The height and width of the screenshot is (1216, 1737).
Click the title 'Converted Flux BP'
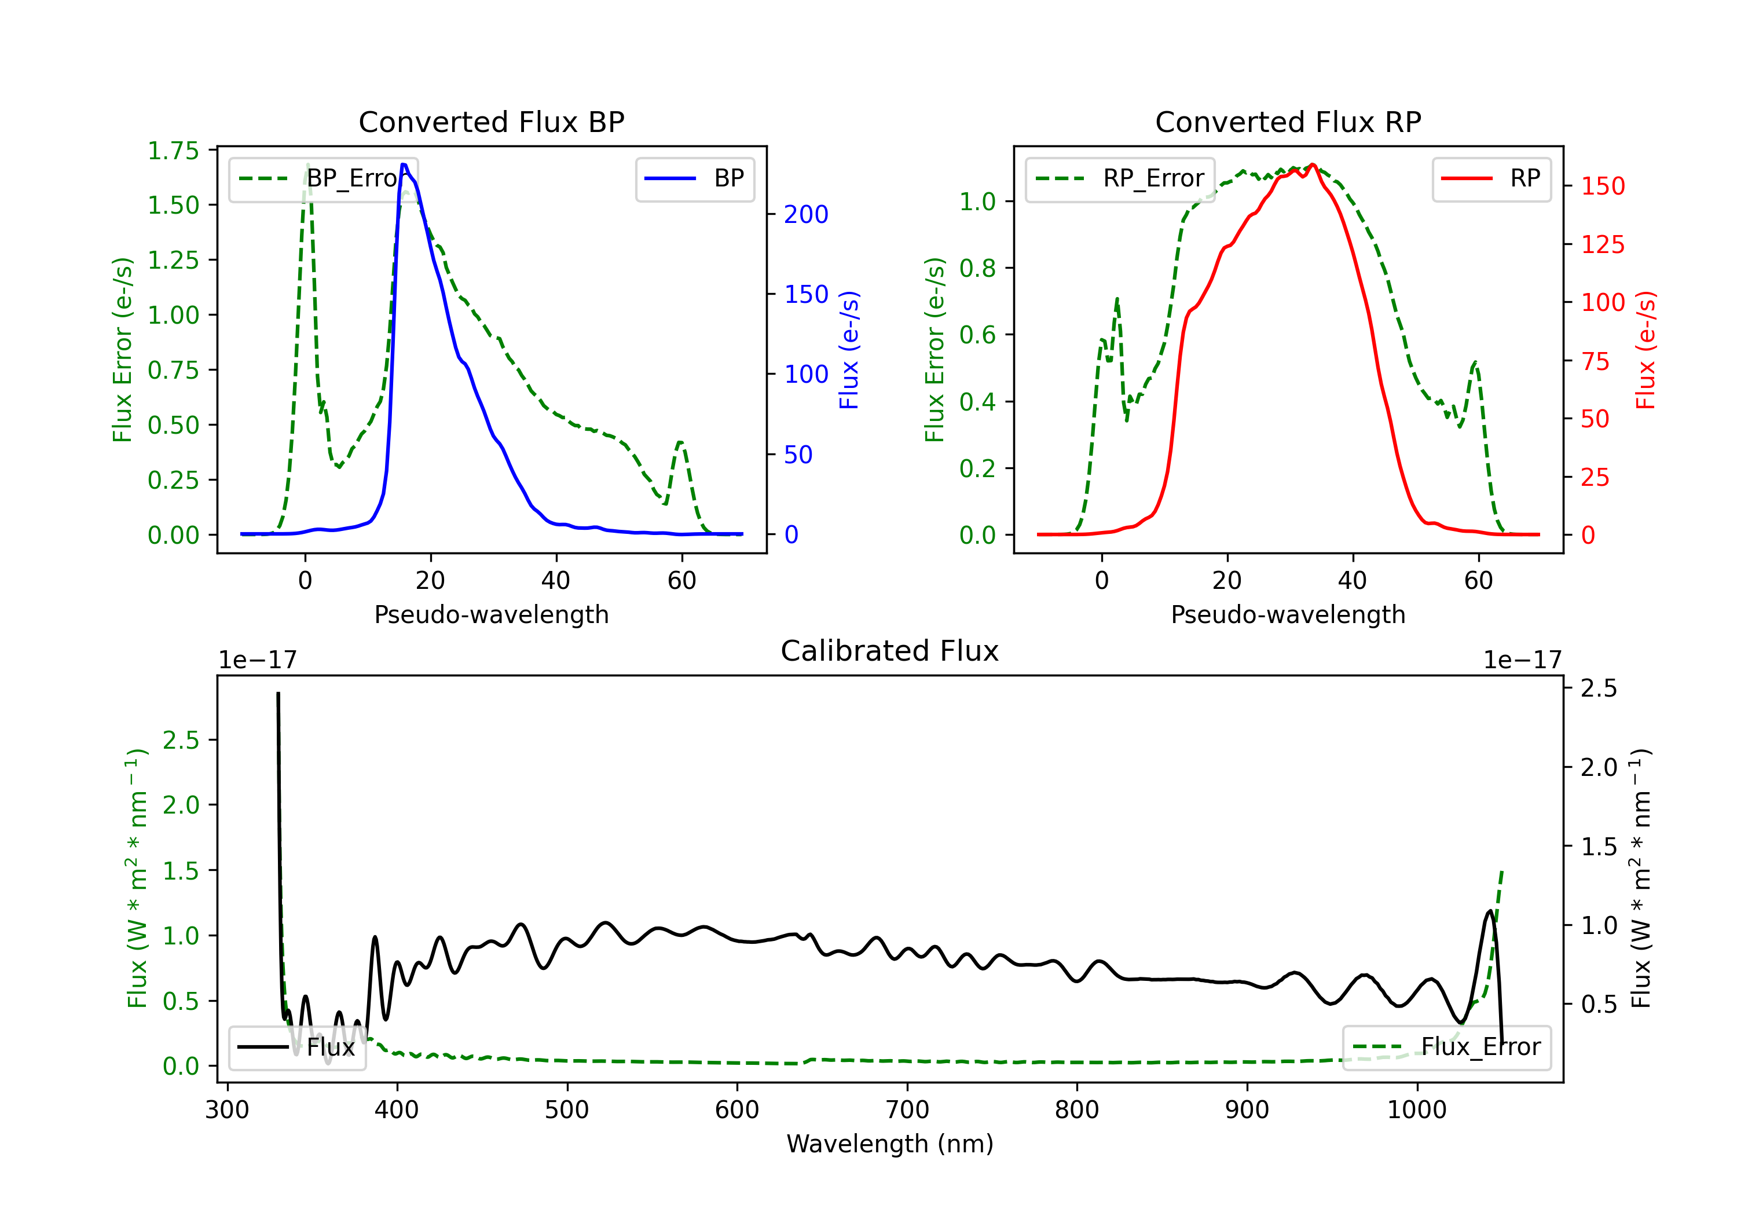[x=491, y=122]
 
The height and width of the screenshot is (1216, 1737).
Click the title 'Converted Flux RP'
[x=1288, y=122]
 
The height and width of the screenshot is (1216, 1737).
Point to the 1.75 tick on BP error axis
[x=173, y=151]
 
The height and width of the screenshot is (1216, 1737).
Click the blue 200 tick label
[x=806, y=215]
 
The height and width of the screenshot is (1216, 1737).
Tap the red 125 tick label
[x=1602, y=244]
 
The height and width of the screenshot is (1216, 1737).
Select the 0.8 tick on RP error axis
[x=977, y=268]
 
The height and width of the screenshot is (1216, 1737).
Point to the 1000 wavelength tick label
[x=1416, y=1110]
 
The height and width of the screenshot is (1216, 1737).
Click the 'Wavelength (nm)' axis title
[x=890, y=1144]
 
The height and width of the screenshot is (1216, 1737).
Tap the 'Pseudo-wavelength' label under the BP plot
[x=491, y=614]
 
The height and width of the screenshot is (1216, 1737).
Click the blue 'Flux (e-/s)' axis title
[x=849, y=350]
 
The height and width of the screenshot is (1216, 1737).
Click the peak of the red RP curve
[x=1313, y=164]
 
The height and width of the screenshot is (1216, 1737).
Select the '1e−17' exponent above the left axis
[x=257, y=661]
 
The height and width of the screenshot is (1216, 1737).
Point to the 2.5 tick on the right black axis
[x=1598, y=688]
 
